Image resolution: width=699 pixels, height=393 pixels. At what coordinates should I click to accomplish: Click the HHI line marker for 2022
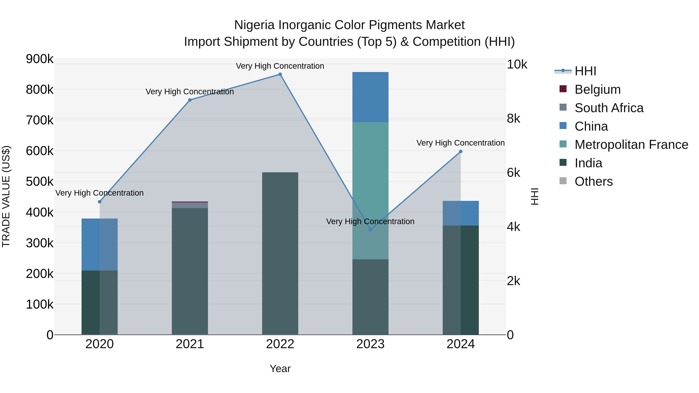click(280, 74)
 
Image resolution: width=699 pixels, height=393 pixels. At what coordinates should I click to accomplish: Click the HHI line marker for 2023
click(370, 229)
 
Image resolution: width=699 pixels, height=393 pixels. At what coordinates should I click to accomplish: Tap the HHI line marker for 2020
click(100, 202)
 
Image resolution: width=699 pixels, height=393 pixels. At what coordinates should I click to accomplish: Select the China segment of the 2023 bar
click(370, 97)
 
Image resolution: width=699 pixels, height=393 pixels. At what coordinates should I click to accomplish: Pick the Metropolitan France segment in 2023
click(370, 190)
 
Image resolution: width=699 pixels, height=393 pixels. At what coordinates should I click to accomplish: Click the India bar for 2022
click(280, 254)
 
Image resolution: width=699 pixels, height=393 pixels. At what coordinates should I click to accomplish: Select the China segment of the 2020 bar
click(100, 244)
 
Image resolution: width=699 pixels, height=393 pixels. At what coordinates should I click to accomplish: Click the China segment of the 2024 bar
click(461, 213)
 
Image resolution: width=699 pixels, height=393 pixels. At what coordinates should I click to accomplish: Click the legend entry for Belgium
click(597, 89)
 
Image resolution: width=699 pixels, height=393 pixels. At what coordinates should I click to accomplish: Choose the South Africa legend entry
click(609, 108)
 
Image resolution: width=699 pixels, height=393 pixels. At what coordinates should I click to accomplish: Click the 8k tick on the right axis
click(513, 119)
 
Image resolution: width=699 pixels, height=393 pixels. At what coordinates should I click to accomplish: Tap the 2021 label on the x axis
click(190, 344)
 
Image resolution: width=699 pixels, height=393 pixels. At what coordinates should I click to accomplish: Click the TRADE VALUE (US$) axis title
click(6, 196)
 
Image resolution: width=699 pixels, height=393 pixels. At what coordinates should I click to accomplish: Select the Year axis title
click(280, 369)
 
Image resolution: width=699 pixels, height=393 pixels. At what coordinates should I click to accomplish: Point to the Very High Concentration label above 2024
click(461, 143)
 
